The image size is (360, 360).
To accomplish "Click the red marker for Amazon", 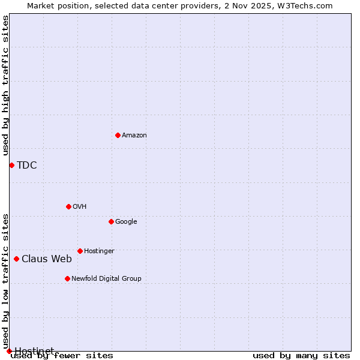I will [x=118, y=135].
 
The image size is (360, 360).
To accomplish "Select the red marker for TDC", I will [x=11, y=165].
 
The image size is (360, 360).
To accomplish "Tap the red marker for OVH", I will [x=68, y=206].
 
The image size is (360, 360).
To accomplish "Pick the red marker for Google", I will [x=111, y=221].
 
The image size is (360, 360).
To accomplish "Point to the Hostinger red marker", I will [x=80, y=251].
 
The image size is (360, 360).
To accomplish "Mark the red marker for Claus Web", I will [x=16, y=259].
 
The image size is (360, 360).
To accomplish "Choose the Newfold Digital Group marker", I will [x=67, y=278].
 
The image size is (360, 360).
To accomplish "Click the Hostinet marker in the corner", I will [x=9, y=351].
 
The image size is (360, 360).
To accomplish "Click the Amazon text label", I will [x=134, y=136].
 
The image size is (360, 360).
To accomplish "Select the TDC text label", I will [x=27, y=166].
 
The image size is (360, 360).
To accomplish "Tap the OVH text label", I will [x=80, y=207].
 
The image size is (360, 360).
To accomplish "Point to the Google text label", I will [x=126, y=222].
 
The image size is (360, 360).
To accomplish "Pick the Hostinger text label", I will [x=99, y=251].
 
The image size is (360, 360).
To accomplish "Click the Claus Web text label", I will [x=47, y=259].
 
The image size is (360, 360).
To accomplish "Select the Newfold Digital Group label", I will [x=106, y=279].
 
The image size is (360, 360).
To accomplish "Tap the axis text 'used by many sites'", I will [x=301, y=356].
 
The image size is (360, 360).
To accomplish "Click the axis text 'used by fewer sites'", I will [x=62, y=356].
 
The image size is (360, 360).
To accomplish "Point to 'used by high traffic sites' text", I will [x=5, y=85].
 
